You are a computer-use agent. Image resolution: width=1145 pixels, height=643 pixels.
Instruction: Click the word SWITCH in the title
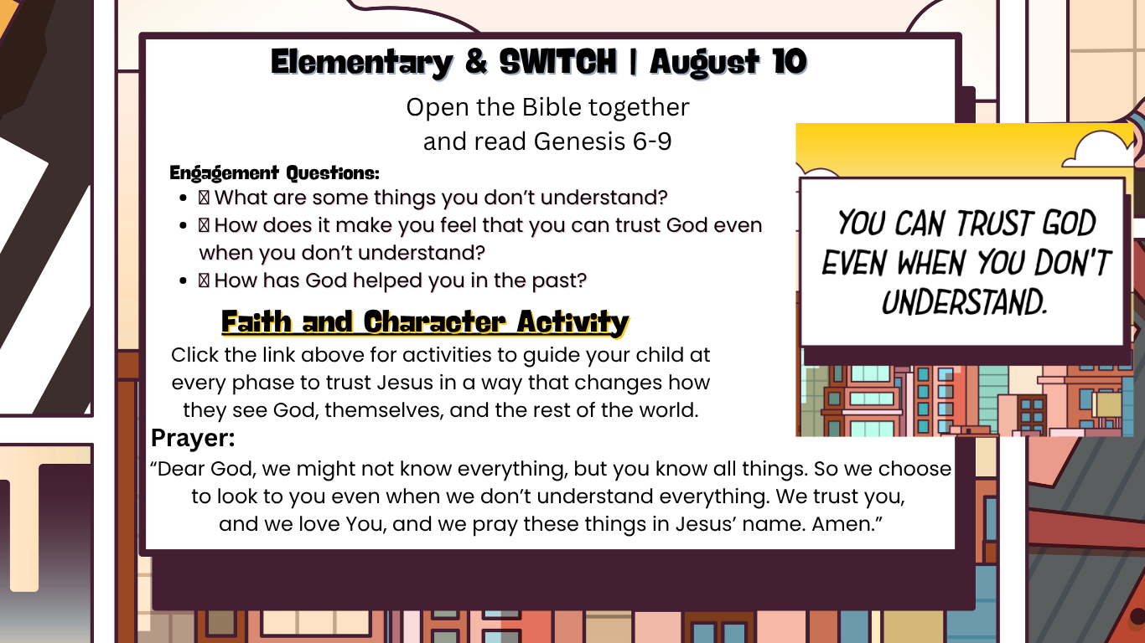pyautogui.click(x=558, y=62)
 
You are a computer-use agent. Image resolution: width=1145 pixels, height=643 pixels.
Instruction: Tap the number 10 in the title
pyautogui.click(x=790, y=62)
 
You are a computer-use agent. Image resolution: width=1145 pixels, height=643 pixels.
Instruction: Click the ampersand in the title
pyautogui.click(x=476, y=62)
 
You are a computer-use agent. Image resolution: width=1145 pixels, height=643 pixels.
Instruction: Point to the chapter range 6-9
pyautogui.click(x=652, y=141)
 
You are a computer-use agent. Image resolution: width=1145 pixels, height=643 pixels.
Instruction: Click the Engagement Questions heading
pyautogui.click(x=274, y=173)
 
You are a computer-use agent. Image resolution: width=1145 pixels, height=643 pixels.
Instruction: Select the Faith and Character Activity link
pyautogui.click(x=425, y=322)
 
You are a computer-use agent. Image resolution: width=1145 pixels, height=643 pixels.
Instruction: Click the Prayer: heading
pyautogui.click(x=193, y=438)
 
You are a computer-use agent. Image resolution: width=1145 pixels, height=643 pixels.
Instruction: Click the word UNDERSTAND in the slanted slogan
pyautogui.click(x=965, y=302)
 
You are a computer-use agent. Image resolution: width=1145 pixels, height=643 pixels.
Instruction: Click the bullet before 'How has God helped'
pyautogui.click(x=184, y=281)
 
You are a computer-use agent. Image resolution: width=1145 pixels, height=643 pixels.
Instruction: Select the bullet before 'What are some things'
pyautogui.click(x=184, y=198)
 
